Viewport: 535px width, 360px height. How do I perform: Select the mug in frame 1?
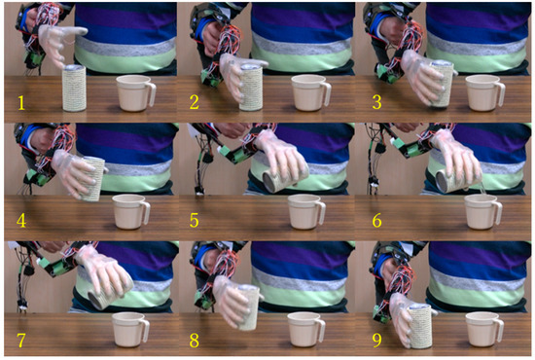(x=135, y=93)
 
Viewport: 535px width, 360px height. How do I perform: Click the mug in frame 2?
(x=309, y=93)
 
